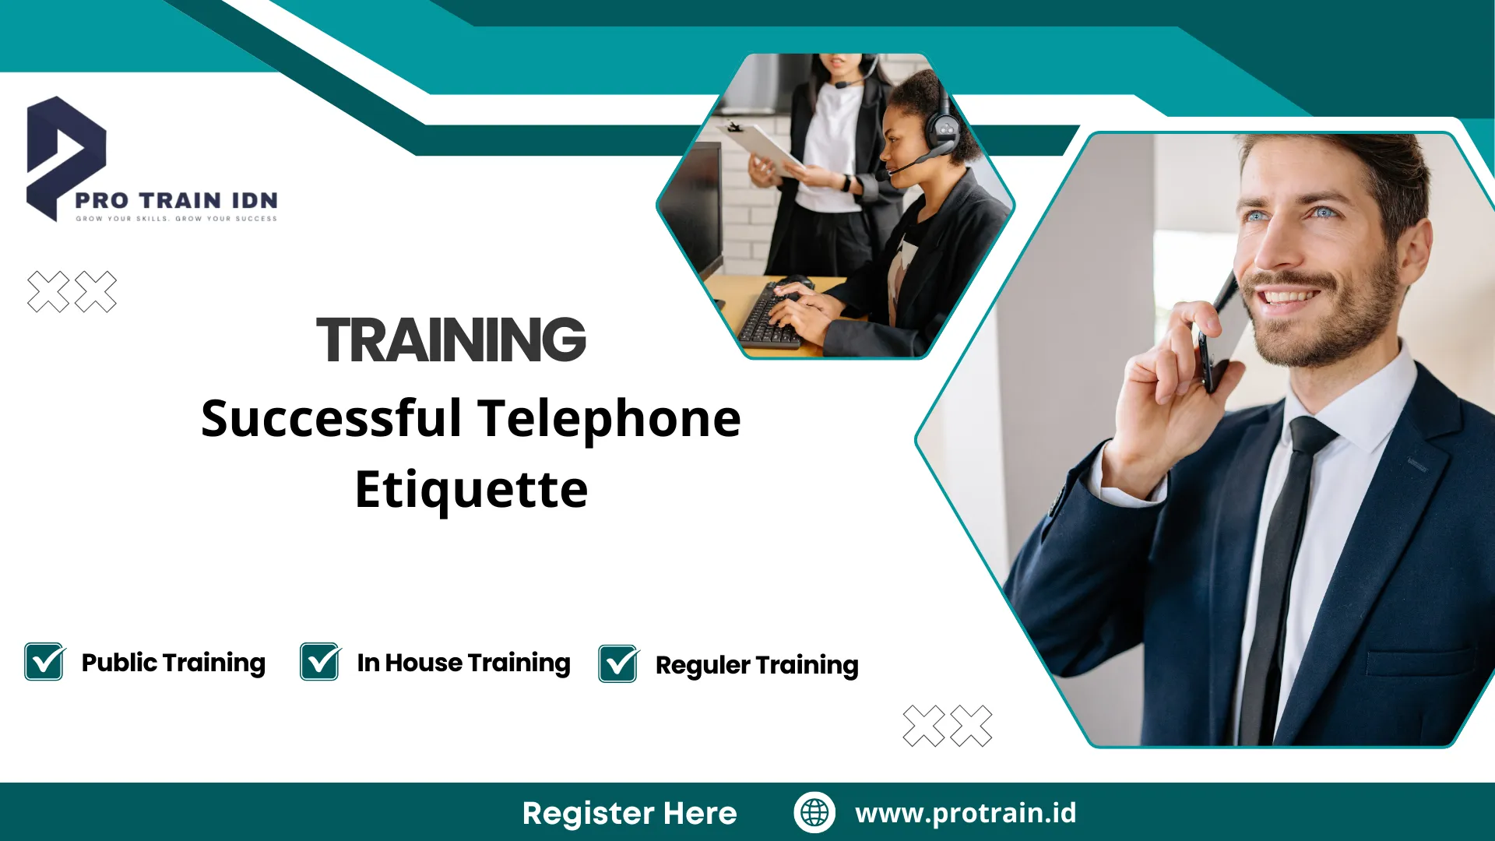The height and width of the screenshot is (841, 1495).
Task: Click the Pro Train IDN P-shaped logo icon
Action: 64,156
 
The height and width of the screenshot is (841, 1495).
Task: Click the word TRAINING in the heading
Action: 451,340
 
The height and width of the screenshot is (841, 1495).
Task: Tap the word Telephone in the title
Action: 609,419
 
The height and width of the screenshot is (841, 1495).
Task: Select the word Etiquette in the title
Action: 471,490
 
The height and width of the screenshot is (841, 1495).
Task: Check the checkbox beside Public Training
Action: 44,662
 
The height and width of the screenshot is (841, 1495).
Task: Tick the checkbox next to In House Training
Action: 320,662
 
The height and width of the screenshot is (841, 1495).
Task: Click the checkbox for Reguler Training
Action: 618,664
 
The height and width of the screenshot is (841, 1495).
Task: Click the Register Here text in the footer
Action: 629,813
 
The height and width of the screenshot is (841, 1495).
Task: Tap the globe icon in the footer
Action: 814,812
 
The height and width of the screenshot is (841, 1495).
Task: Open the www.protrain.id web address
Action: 966,813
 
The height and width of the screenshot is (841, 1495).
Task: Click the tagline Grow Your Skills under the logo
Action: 176,219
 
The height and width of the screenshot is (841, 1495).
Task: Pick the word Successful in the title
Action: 332,419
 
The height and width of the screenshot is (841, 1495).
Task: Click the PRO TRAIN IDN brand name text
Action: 176,200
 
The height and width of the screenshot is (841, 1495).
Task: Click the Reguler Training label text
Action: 757,665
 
